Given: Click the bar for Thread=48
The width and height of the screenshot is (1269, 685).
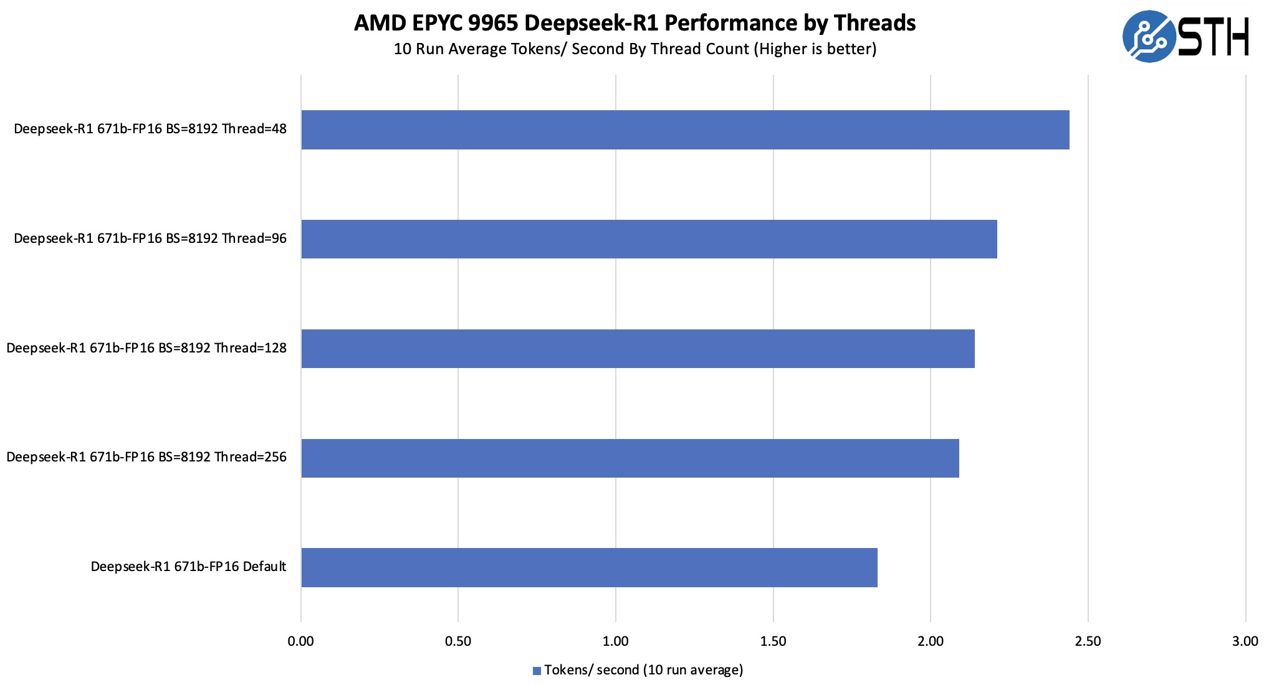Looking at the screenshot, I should click(685, 130).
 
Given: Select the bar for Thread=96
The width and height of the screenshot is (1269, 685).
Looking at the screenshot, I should click(649, 239).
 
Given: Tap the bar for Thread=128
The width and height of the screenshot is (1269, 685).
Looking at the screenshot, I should click(638, 349).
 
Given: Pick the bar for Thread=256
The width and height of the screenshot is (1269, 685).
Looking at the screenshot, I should click(630, 458).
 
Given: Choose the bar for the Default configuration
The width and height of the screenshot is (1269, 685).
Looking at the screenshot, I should click(589, 567).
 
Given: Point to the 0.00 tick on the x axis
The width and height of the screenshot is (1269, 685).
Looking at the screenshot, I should click(301, 641).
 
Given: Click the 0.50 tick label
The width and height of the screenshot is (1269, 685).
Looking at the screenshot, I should click(458, 641).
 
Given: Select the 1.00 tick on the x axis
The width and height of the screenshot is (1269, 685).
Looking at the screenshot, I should click(616, 641).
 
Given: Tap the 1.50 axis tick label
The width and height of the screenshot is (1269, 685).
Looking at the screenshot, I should click(773, 641).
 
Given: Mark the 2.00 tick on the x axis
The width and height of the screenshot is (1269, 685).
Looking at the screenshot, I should click(931, 641).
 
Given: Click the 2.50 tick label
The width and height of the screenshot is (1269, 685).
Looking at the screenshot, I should click(1088, 641).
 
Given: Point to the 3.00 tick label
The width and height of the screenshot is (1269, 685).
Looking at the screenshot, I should click(1245, 641).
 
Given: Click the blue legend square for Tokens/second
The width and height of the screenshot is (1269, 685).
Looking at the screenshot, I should click(537, 671).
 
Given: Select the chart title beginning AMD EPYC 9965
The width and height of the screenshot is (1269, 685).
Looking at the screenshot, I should click(634, 23).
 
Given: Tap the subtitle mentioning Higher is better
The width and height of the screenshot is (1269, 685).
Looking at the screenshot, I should click(634, 49).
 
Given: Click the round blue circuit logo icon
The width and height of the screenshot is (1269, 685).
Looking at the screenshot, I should click(1149, 36).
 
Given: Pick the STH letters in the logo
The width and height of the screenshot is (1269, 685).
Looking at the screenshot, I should click(1214, 37).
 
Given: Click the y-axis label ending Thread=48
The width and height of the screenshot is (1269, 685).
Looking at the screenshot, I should click(150, 130).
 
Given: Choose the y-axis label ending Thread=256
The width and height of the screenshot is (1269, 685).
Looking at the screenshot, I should click(146, 458).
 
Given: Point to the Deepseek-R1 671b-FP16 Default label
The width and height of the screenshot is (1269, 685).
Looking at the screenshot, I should click(188, 567).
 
